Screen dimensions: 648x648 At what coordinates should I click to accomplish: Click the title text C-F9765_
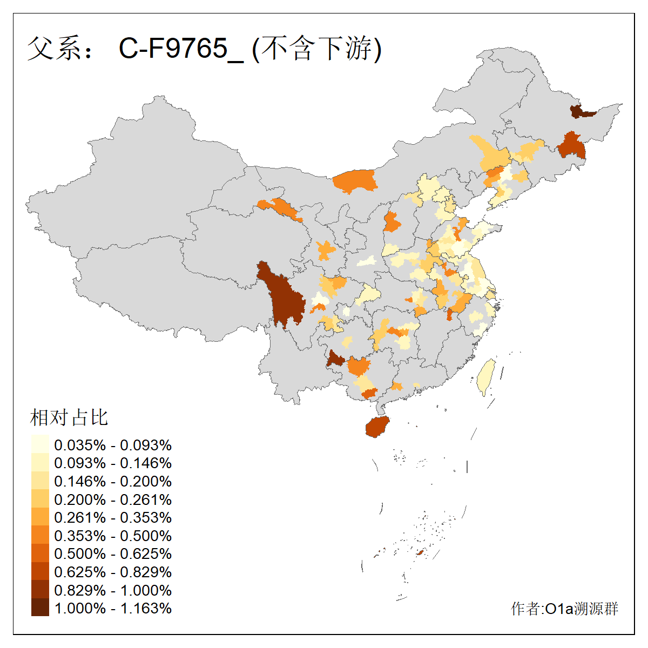(x=181, y=49)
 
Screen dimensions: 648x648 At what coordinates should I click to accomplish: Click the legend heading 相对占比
(x=69, y=417)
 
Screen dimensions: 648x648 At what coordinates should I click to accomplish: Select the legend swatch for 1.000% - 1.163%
(x=40, y=608)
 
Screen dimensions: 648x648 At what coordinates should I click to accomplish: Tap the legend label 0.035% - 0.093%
(x=113, y=445)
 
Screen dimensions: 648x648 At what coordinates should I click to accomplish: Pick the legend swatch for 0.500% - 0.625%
(x=40, y=553)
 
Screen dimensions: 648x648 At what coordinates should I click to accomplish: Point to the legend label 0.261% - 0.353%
(x=113, y=517)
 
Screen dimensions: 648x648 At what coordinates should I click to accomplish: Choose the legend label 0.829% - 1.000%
(x=113, y=590)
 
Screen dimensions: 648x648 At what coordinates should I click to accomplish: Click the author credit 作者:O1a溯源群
(x=564, y=609)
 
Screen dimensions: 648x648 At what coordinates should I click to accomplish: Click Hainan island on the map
(x=377, y=427)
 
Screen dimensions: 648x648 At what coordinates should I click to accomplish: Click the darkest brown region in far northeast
(x=580, y=112)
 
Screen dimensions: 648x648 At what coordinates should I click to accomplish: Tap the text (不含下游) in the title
(x=317, y=49)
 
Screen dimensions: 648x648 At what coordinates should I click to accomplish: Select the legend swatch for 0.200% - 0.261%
(x=40, y=499)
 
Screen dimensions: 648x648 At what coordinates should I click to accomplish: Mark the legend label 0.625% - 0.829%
(x=113, y=572)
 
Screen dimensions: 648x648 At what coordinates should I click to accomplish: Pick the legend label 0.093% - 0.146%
(x=113, y=463)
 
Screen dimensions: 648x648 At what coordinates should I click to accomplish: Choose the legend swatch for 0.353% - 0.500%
(x=40, y=536)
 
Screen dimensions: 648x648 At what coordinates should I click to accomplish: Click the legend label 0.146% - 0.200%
(x=113, y=481)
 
